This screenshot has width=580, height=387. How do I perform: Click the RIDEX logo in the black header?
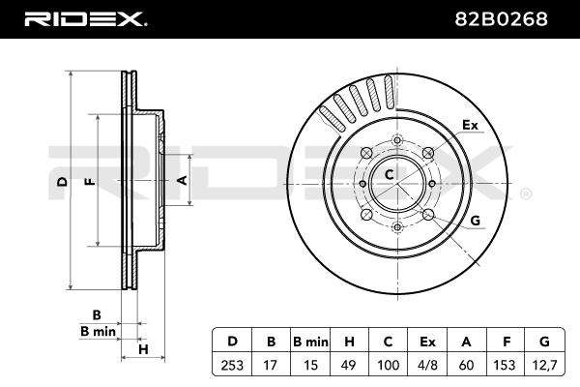86,19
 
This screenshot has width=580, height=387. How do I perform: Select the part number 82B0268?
501,19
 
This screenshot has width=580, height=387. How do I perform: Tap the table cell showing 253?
232,365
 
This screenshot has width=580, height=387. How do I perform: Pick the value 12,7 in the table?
544,365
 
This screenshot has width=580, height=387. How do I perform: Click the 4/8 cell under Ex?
427,365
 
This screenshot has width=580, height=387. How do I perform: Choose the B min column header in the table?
310,342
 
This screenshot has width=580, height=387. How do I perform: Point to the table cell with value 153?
505,365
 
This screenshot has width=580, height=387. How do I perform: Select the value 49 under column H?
348,365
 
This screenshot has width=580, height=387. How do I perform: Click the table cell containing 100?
388,365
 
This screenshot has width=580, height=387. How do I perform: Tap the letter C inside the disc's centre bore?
390,174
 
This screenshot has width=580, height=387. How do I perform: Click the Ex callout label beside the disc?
470,125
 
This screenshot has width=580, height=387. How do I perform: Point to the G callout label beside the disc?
476,221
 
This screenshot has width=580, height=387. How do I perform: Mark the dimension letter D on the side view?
63,182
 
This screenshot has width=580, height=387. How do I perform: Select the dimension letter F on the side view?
90,182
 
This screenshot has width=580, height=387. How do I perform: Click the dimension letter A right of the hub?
182,180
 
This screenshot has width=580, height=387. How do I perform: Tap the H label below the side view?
143,349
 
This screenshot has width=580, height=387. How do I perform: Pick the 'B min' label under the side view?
98,331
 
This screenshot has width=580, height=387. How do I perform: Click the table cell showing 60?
466,365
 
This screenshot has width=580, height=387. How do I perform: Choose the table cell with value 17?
270,365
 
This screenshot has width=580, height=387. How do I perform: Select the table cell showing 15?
310,365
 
